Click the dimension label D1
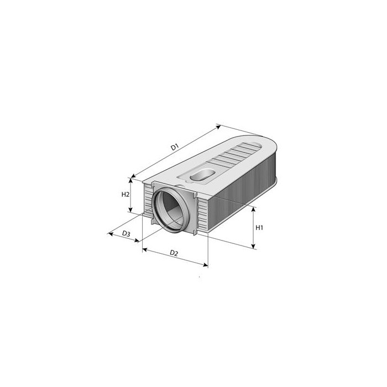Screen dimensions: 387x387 tap(175, 147)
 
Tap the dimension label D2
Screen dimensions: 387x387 tap(174, 253)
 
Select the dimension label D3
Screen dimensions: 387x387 tap(126, 234)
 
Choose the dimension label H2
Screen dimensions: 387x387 tap(125, 195)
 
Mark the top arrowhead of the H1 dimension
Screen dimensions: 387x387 tap(254, 208)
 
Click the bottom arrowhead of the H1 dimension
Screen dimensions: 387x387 tap(254, 247)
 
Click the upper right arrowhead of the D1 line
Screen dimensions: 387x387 tap(219, 126)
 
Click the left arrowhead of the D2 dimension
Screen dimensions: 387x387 tap(144, 250)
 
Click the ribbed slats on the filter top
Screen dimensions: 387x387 tap(235, 155)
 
